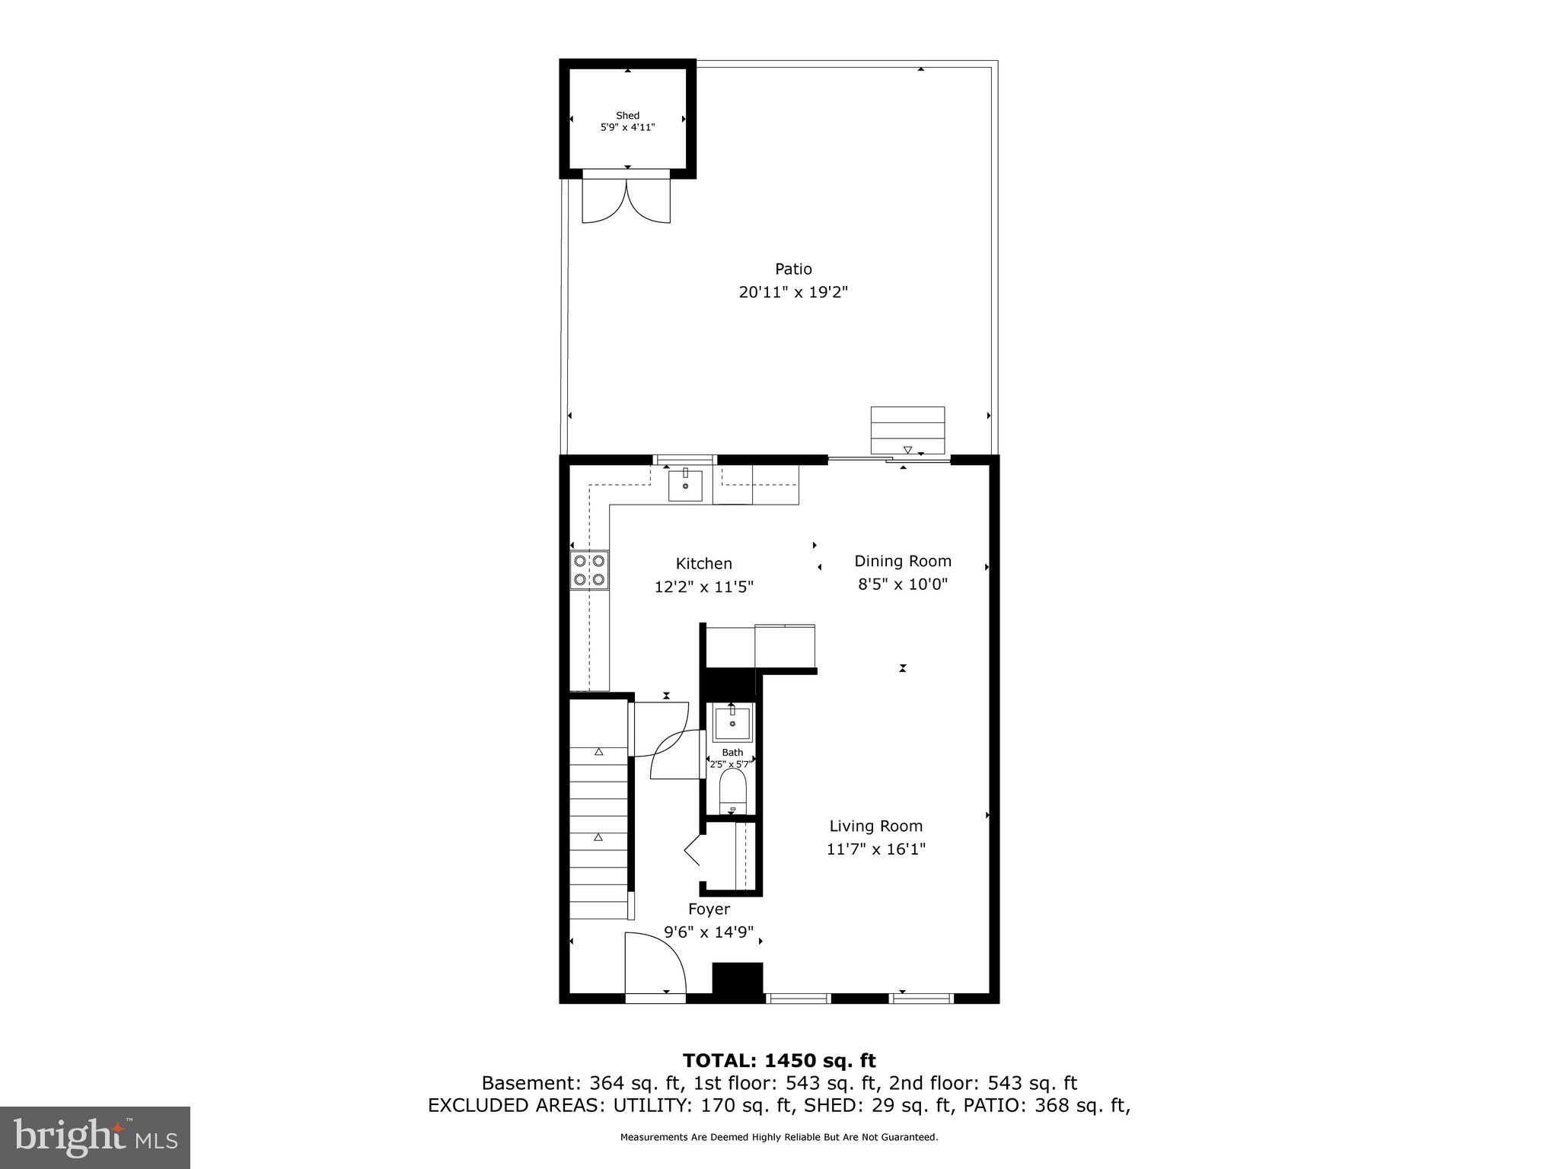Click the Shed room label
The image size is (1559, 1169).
(x=627, y=116)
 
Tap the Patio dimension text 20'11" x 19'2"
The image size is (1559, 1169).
(x=793, y=292)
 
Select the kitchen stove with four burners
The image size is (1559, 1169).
(x=589, y=570)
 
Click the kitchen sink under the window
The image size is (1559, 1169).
(x=685, y=486)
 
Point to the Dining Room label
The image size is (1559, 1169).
(x=903, y=562)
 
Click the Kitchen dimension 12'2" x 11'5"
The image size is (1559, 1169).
(x=703, y=588)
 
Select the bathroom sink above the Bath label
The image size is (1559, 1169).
(x=732, y=723)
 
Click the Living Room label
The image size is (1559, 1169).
(x=875, y=827)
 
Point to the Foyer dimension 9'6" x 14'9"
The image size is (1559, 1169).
(x=709, y=932)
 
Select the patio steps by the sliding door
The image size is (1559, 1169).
(x=907, y=430)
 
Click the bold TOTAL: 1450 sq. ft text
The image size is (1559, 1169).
(x=779, y=1060)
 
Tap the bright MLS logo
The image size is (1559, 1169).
(x=95, y=1137)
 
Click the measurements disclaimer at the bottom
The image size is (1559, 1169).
(x=779, y=1137)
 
